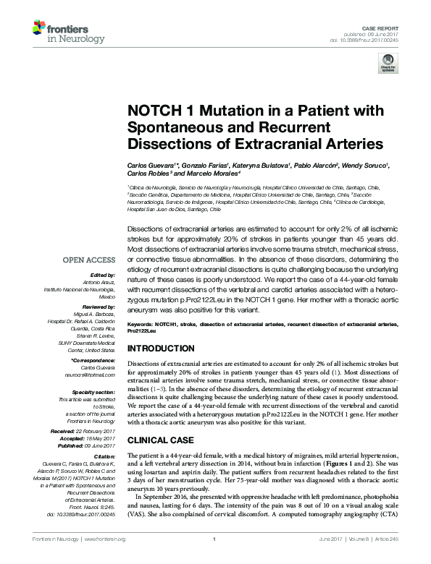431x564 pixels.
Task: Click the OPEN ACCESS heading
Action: coord(88,260)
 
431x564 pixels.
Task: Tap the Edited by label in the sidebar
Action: coord(101,275)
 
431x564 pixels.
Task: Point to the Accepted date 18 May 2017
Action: coord(98,438)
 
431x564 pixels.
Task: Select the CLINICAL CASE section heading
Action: coord(161,440)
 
